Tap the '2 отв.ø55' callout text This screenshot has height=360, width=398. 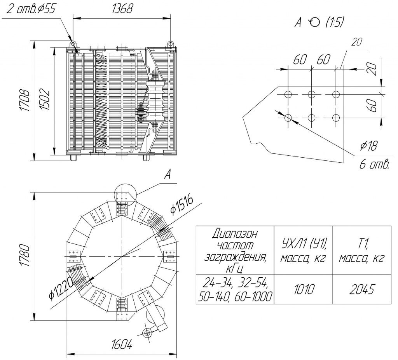pyautogui.click(x=31, y=9)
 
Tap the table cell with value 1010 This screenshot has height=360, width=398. pyautogui.click(x=303, y=289)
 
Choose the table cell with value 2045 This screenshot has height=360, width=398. pyautogui.click(x=361, y=289)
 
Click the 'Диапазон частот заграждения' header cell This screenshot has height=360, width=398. pyautogui.click(x=235, y=250)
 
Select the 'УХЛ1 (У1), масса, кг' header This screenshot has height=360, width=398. pyautogui.click(x=303, y=250)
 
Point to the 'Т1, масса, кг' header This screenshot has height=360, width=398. pyautogui.click(x=361, y=250)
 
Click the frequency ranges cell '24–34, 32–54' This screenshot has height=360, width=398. pyautogui.click(x=235, y=289)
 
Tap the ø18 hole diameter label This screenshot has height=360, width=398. pyautogui.click(x=369, y=146)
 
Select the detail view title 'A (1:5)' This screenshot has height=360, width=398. pyautogui.click(x=319, y=23)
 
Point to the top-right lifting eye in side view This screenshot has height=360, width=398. pyautogui.click(x=170, y=43)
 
